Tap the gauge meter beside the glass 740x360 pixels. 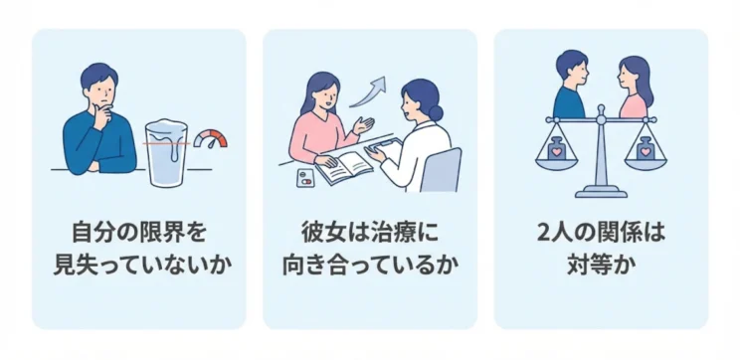click(x=210, y=139)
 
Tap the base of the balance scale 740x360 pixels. click(x=600, y=190)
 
